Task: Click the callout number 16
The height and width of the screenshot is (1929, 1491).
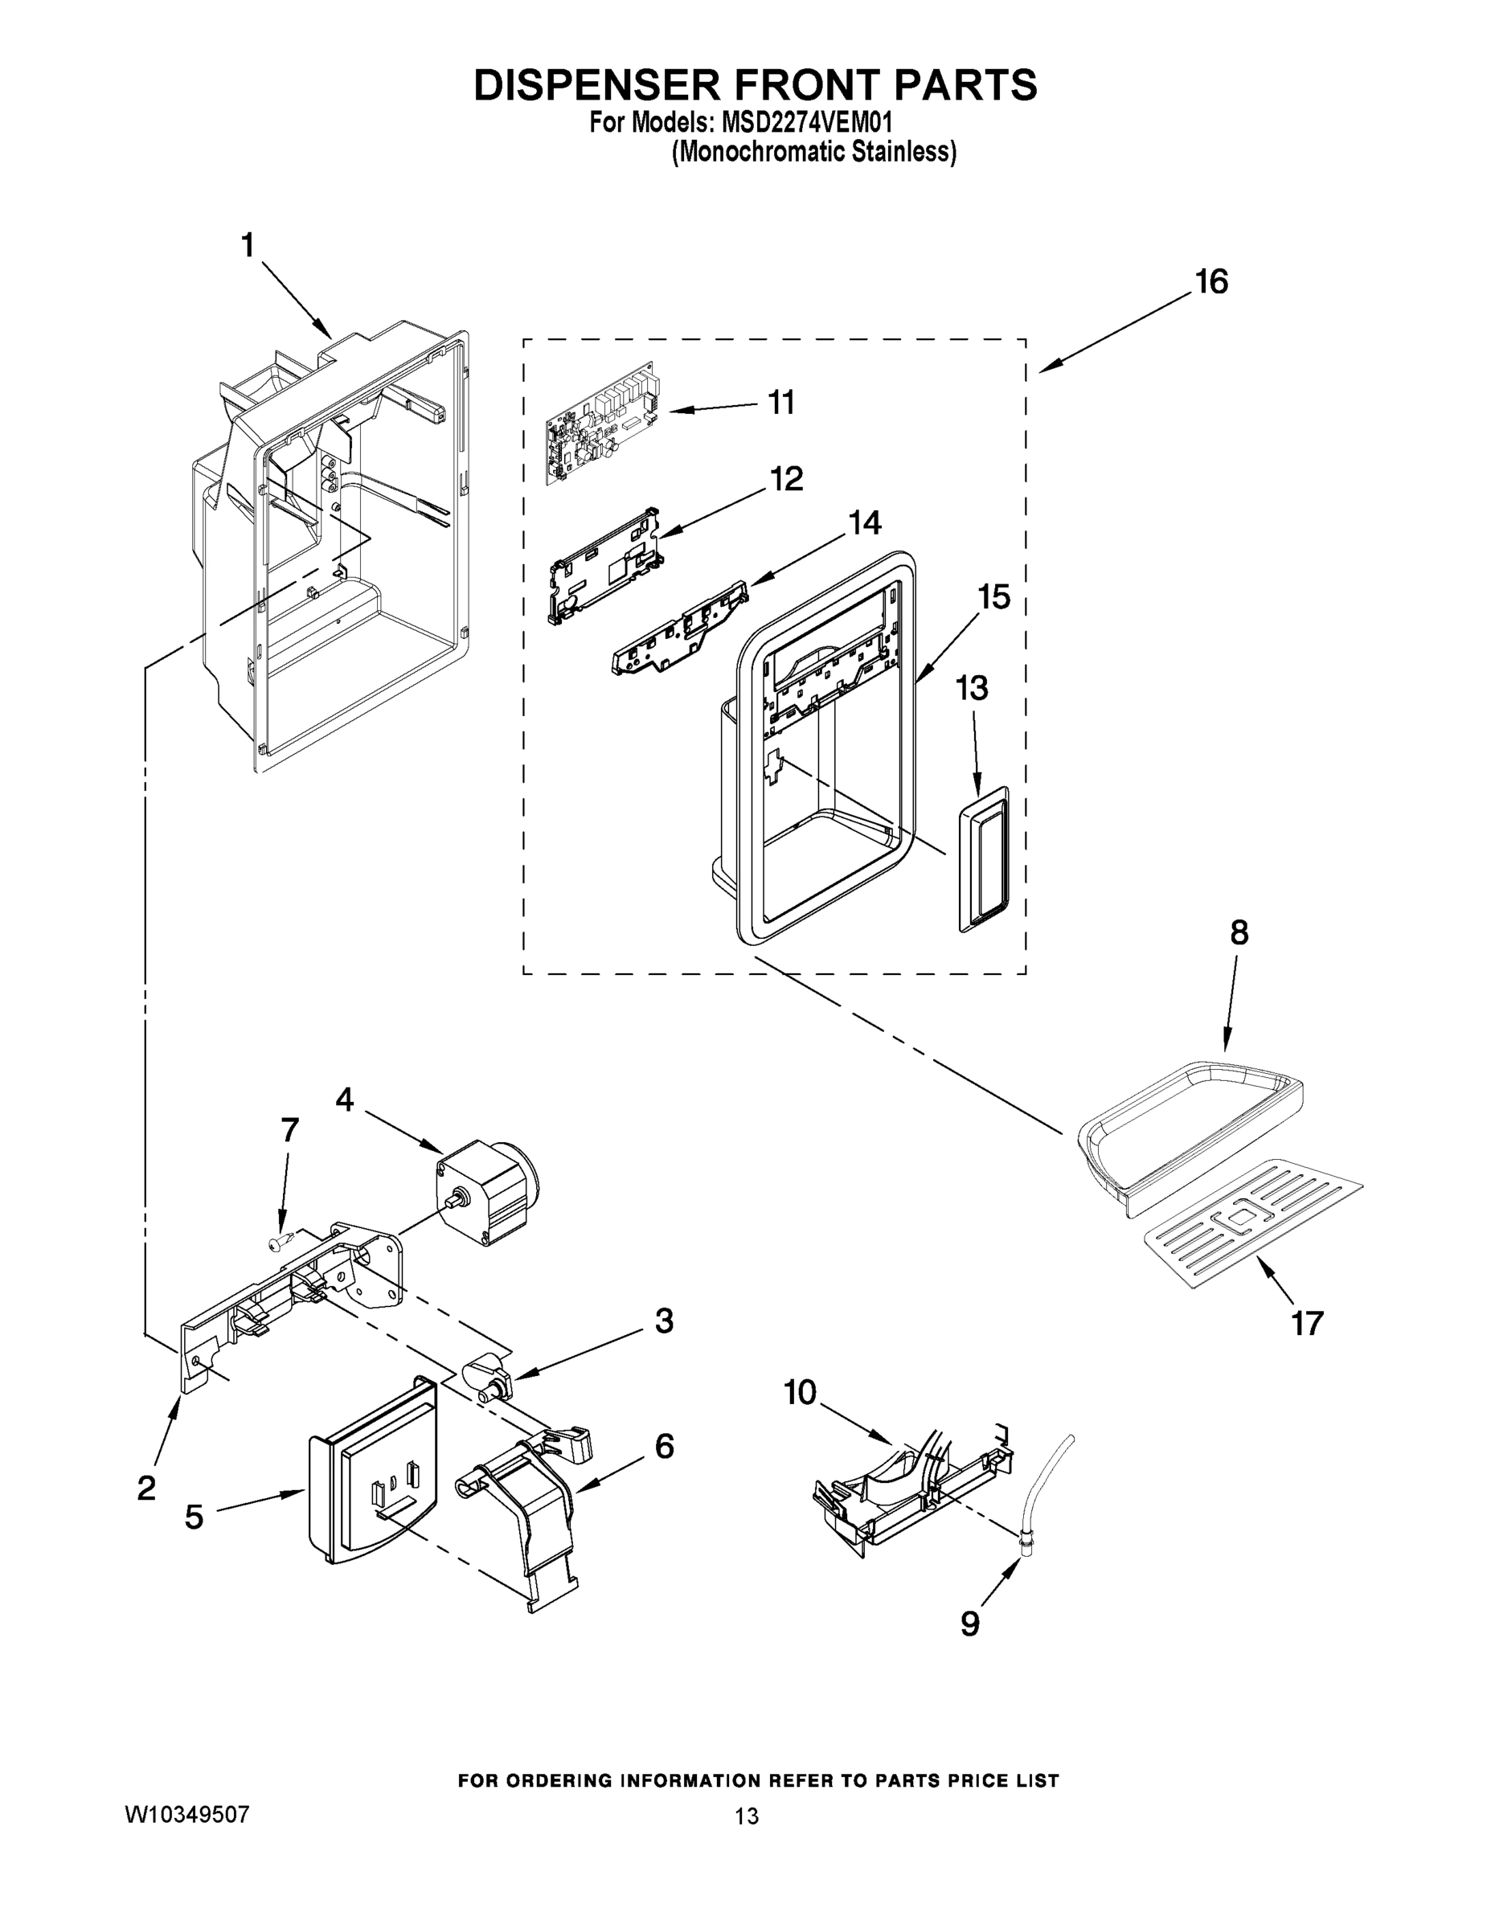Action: [x=1211, y=283]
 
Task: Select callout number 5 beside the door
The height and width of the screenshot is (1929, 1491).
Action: [x=194, y=1517]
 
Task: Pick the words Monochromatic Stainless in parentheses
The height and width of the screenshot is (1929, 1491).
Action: [x=813, y=153]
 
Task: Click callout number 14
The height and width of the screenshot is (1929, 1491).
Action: [x=864, y=523]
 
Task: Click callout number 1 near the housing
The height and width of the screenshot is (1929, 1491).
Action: [x=248, y=244]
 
